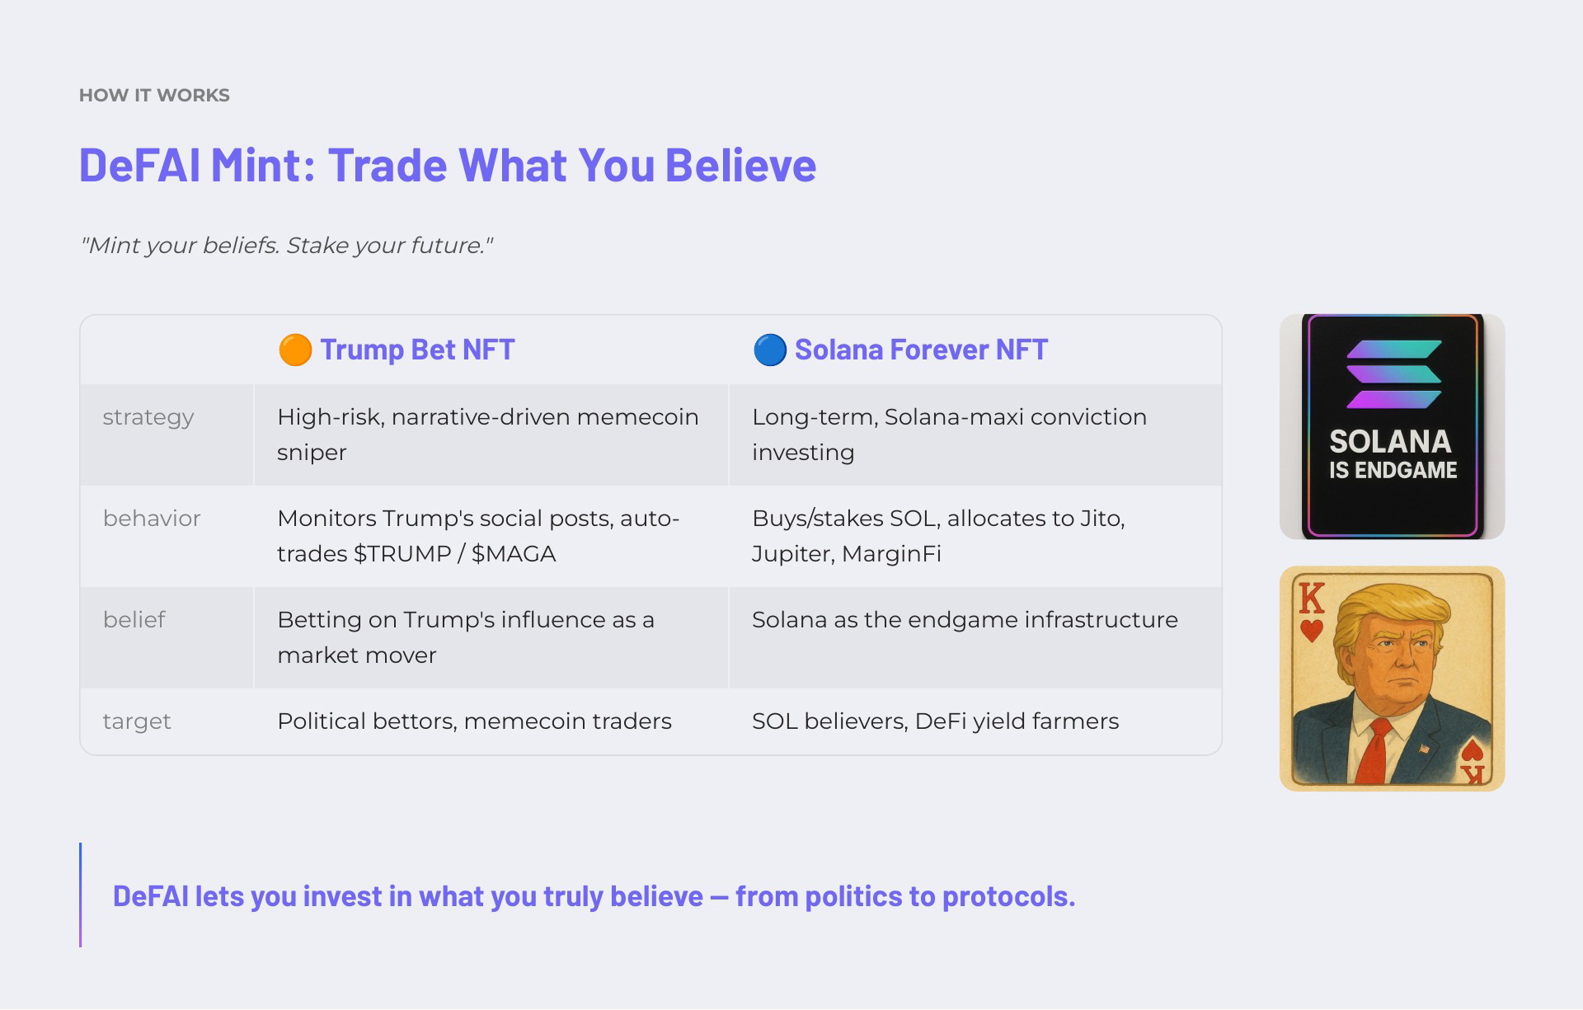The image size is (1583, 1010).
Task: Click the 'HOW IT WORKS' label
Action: coord(154,96)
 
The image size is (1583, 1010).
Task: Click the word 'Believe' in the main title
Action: coord(740,165)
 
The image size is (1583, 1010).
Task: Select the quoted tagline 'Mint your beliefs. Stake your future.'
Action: coord(286,246)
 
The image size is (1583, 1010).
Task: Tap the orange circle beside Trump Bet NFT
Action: coord(295,350)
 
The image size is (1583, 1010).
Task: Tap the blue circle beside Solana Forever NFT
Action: coord(770,350)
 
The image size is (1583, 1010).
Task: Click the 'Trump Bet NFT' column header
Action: coord(417,350)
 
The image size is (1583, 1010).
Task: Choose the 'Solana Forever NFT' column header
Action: coord(921,350)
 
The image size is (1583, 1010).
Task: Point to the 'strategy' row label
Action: coord(148,417)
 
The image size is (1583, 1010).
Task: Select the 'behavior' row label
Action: coord(152,518)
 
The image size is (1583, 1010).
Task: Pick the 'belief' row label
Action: coord(134,619)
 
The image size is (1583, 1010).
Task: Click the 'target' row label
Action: coord(137,721)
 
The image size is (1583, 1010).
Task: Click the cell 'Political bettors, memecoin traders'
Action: coord(474,721)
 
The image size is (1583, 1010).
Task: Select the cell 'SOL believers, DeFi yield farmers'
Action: coord(935,721)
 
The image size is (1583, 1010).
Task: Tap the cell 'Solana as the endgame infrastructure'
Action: coord(965,620)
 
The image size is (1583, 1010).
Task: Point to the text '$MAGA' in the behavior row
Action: coord(514,553)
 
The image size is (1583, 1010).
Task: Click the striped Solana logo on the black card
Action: coord(1393,374)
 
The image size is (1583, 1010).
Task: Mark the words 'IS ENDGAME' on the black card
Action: coord(1393,471)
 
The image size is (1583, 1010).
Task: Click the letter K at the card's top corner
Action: coord(1312,598)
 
